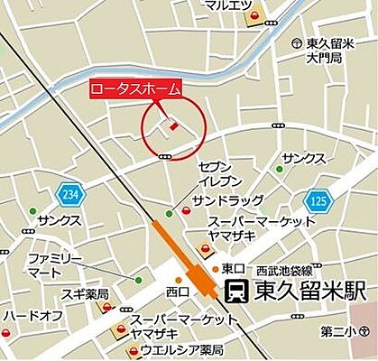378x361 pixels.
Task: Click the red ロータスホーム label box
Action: point(135,88)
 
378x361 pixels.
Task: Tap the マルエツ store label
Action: point(226,5)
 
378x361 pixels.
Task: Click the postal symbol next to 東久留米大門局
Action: point(297,43)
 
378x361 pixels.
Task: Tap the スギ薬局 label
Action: point(87,294)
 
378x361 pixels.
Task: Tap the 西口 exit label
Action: point(178,291)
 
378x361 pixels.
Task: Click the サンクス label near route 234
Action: point(60,220)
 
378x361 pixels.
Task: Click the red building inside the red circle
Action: point(172,128)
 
